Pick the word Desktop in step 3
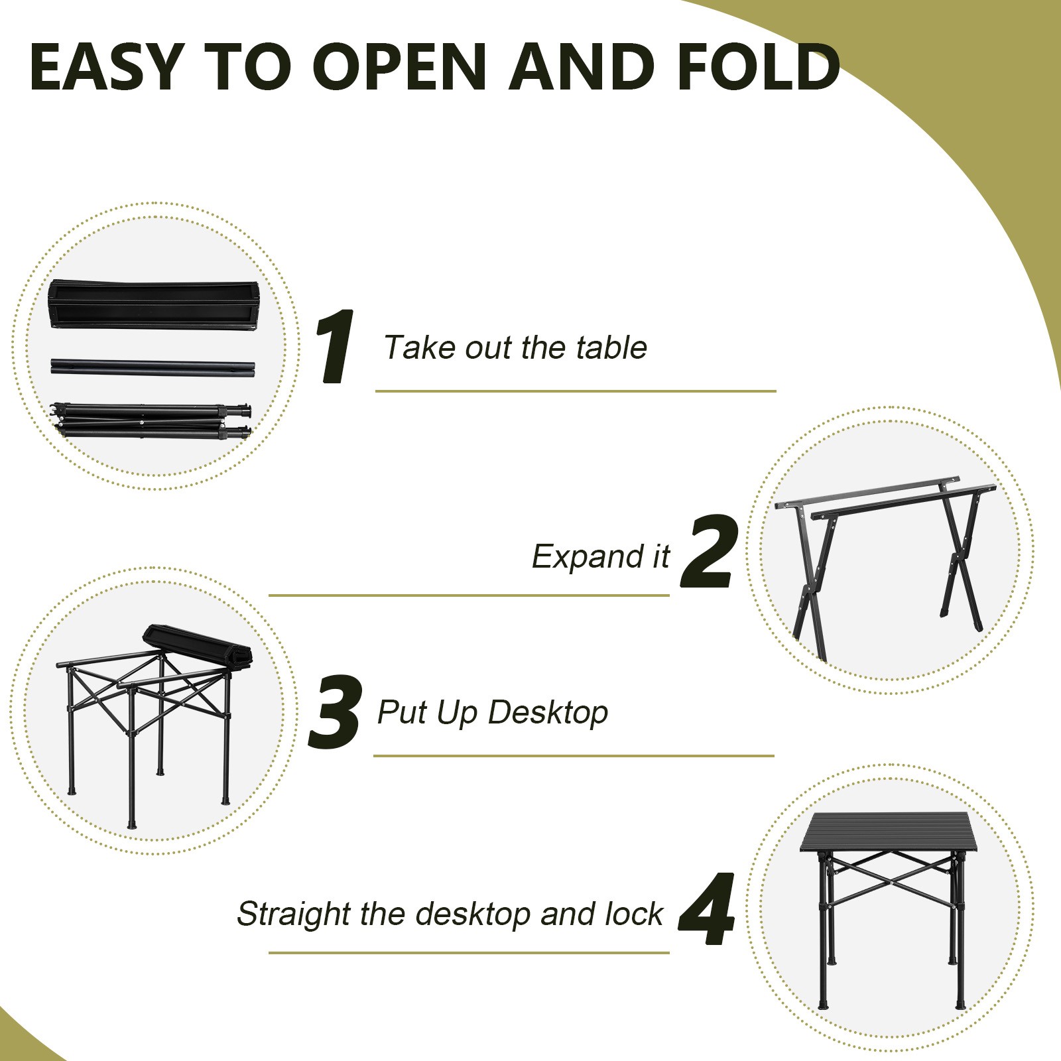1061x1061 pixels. [x=548, y=713]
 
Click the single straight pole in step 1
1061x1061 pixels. [x=153, y=367]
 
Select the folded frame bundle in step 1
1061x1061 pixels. [x=153, y=420]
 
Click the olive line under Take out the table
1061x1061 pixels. [x=575, y=391]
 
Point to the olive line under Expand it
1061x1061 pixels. [x=469, y=595]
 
